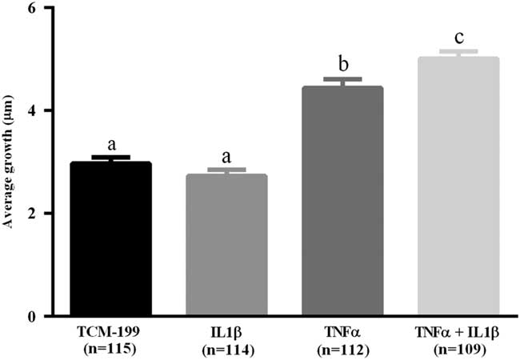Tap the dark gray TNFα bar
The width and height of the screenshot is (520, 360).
click(x=342, y=201)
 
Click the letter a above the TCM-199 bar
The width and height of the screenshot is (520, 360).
click(x=112, y=145)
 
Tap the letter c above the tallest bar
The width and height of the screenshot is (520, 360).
click(x=458, y=38)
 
